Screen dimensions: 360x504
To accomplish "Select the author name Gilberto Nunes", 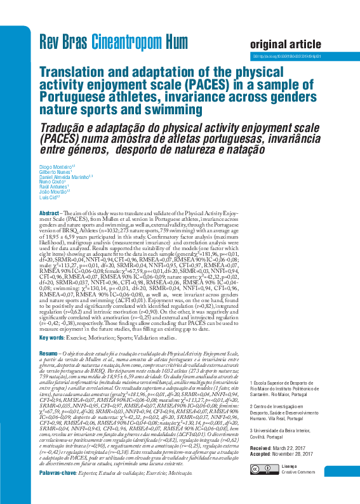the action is click(x=55, y=172).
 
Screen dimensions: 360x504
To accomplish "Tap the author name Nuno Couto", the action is click(x=51, y=182).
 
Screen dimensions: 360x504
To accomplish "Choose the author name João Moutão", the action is click(x=53, y=192).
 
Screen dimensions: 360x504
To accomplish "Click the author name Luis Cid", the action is click(x=48, y=197).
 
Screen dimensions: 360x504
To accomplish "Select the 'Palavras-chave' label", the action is click(x=59, y=473).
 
